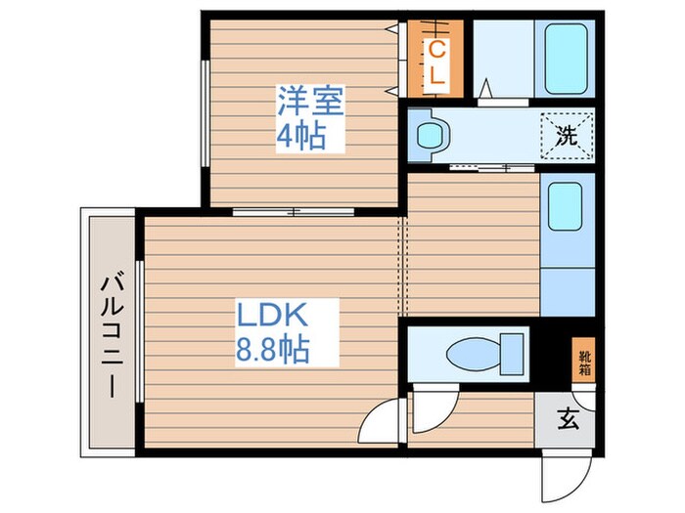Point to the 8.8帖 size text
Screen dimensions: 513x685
pos(275,348)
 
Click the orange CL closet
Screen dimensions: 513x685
pos(437,61)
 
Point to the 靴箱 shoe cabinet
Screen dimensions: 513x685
pos(583,361)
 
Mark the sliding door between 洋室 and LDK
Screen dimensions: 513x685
pos(294,210)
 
